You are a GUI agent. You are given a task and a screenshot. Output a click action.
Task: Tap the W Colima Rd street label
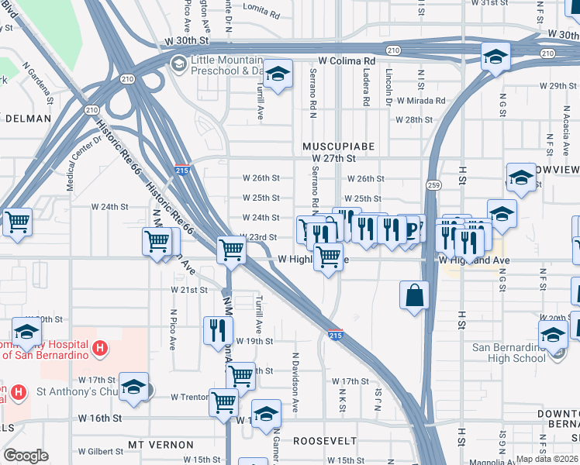[346, 60]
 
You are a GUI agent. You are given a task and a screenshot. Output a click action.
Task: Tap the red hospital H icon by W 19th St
[98, 350]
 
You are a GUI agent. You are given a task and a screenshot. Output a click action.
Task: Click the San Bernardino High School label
[508, 352]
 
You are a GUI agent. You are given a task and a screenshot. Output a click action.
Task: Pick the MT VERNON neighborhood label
[162, 445]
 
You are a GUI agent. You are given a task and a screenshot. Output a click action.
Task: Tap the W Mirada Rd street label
[420, 101]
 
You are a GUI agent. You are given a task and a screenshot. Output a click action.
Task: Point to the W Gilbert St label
[101, 451]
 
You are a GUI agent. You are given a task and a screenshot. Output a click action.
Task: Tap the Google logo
[26, 456]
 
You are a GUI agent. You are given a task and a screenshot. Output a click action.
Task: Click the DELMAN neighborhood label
[28, 119]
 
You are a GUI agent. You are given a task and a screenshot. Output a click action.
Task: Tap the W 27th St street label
[333, 158]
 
